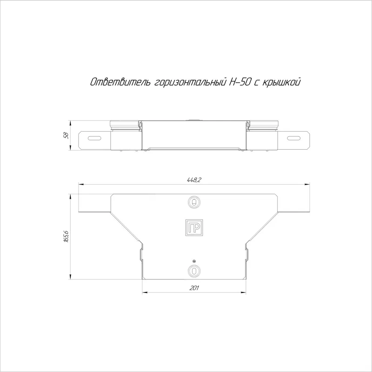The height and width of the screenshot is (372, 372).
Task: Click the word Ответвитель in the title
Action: click(x=120, y=82)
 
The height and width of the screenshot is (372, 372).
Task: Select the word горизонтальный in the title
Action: click(x=190, y=83)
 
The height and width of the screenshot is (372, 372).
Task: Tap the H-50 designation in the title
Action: click(x=239, y=82)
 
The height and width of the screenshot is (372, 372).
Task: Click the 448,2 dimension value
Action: click(x=194, y=180)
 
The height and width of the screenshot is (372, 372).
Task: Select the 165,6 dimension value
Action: click(x=66, y=236)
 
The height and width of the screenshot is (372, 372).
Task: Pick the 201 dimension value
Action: click(x=194, y=288)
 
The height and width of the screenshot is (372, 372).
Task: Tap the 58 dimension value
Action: click(x=66, y=135)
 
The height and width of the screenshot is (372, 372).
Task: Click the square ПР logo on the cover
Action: click(x=194, y=228)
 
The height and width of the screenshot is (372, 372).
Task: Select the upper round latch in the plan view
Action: click(x=194, y=202)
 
